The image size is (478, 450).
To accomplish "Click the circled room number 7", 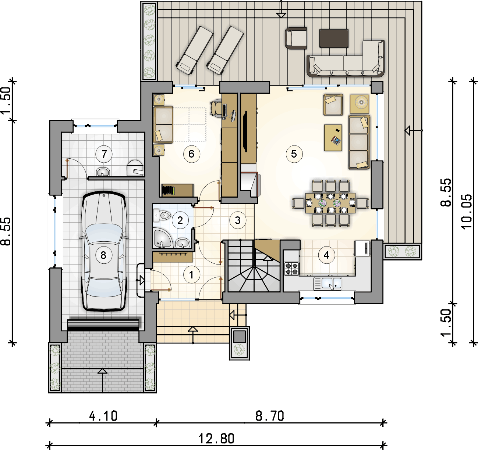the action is (104, 154).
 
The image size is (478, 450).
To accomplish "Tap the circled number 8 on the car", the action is (103, 255).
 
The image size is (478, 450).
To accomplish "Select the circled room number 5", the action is (294, 154).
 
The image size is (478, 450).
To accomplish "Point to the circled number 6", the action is (192, 154).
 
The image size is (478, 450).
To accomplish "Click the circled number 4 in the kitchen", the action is (327, 255).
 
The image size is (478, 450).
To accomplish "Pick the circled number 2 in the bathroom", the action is (180, 220).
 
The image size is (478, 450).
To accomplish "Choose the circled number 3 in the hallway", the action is (238, 220).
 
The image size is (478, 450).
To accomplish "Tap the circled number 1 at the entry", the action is (192, 274).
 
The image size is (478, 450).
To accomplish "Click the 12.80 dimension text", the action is (217, 439).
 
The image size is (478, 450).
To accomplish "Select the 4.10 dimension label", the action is (103, 416).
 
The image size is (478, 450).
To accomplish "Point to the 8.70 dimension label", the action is (270, 416).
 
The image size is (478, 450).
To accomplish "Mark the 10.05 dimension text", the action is (467, 212).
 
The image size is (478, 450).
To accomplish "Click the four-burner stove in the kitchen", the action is (292, 269).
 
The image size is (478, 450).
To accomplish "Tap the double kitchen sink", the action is (328, 283).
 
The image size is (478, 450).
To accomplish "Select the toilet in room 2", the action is (162, 215).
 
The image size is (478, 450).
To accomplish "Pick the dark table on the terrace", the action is (334, 39).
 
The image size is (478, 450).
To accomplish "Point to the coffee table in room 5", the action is (333, 138).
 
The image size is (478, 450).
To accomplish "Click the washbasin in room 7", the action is (103, 172).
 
